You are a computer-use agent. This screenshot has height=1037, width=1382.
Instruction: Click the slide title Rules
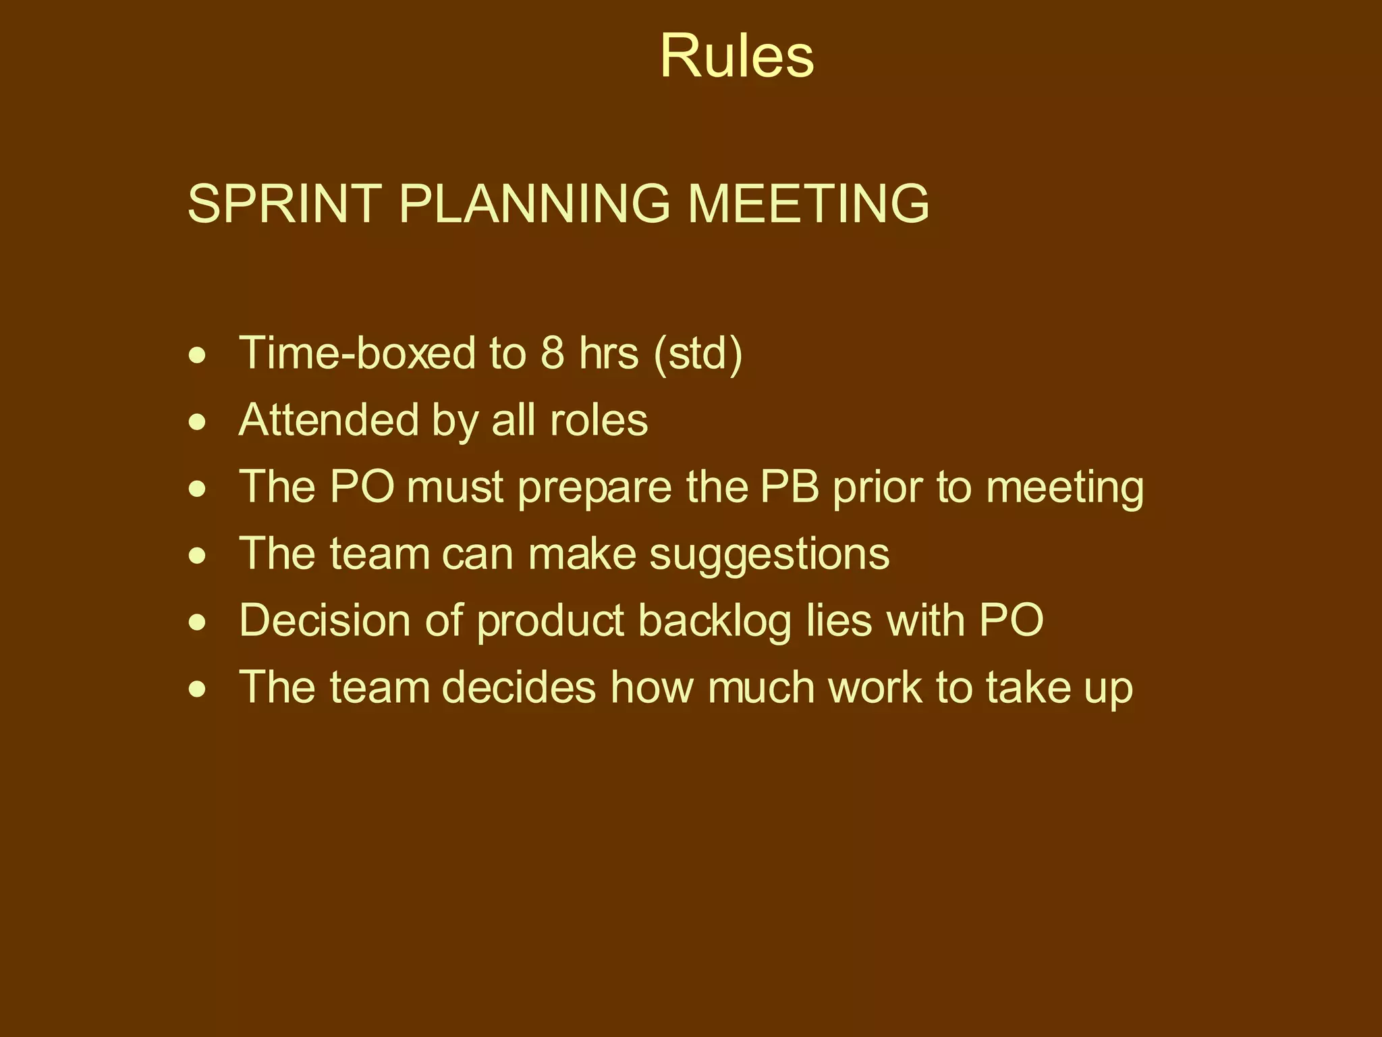(736, 57)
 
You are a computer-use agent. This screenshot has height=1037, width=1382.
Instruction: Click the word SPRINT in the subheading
(284, 203)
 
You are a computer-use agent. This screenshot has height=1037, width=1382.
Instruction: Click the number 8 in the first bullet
(552, 353)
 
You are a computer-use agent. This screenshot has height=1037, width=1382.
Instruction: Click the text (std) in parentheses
(698, 353)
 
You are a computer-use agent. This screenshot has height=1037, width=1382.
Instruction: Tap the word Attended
(329, 420)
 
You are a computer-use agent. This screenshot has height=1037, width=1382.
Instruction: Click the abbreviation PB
(789, 487)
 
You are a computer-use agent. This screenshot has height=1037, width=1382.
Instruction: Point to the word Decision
(325, 620)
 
